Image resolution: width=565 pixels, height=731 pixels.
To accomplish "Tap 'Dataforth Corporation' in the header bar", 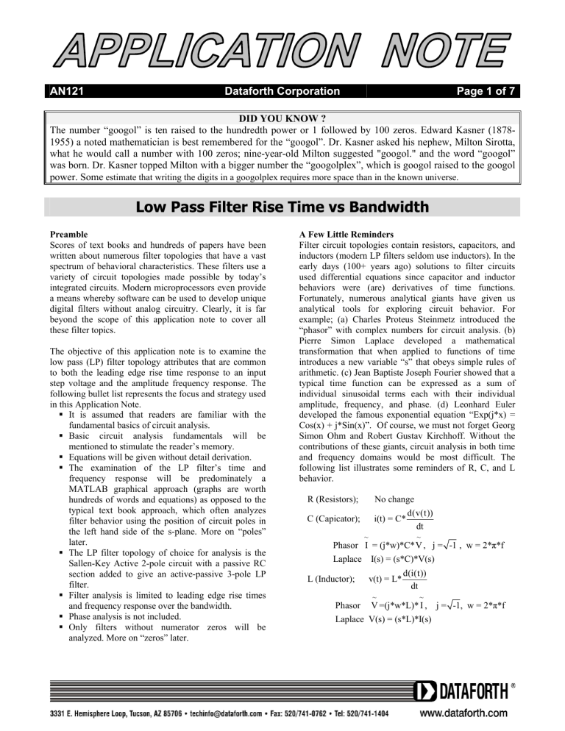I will coord(282,92).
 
